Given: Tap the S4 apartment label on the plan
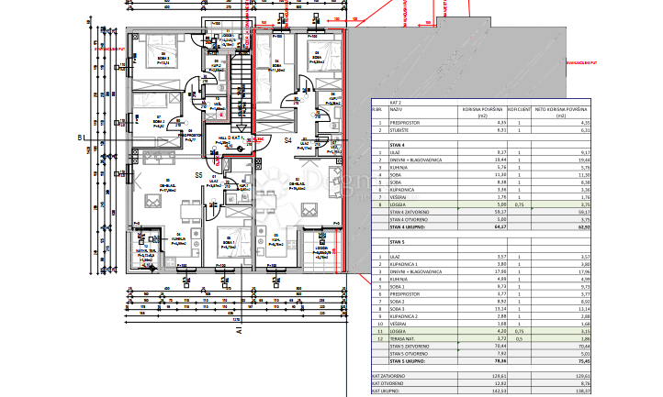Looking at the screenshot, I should click(x=287, y=140).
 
